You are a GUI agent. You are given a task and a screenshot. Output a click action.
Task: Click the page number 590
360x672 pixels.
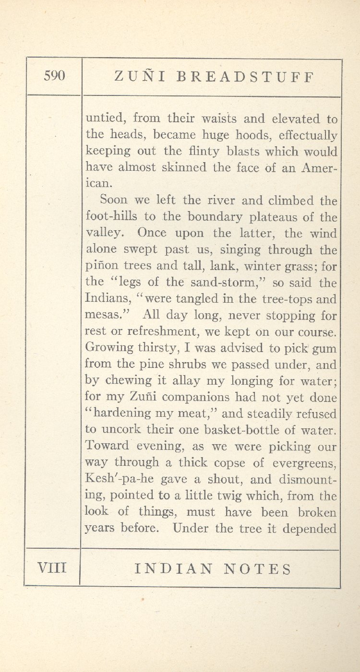coord(54,76)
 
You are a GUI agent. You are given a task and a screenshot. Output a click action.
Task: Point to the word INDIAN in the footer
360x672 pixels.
coord(173,569)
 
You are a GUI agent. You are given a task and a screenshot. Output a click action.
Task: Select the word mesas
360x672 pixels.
coord(106,316)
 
